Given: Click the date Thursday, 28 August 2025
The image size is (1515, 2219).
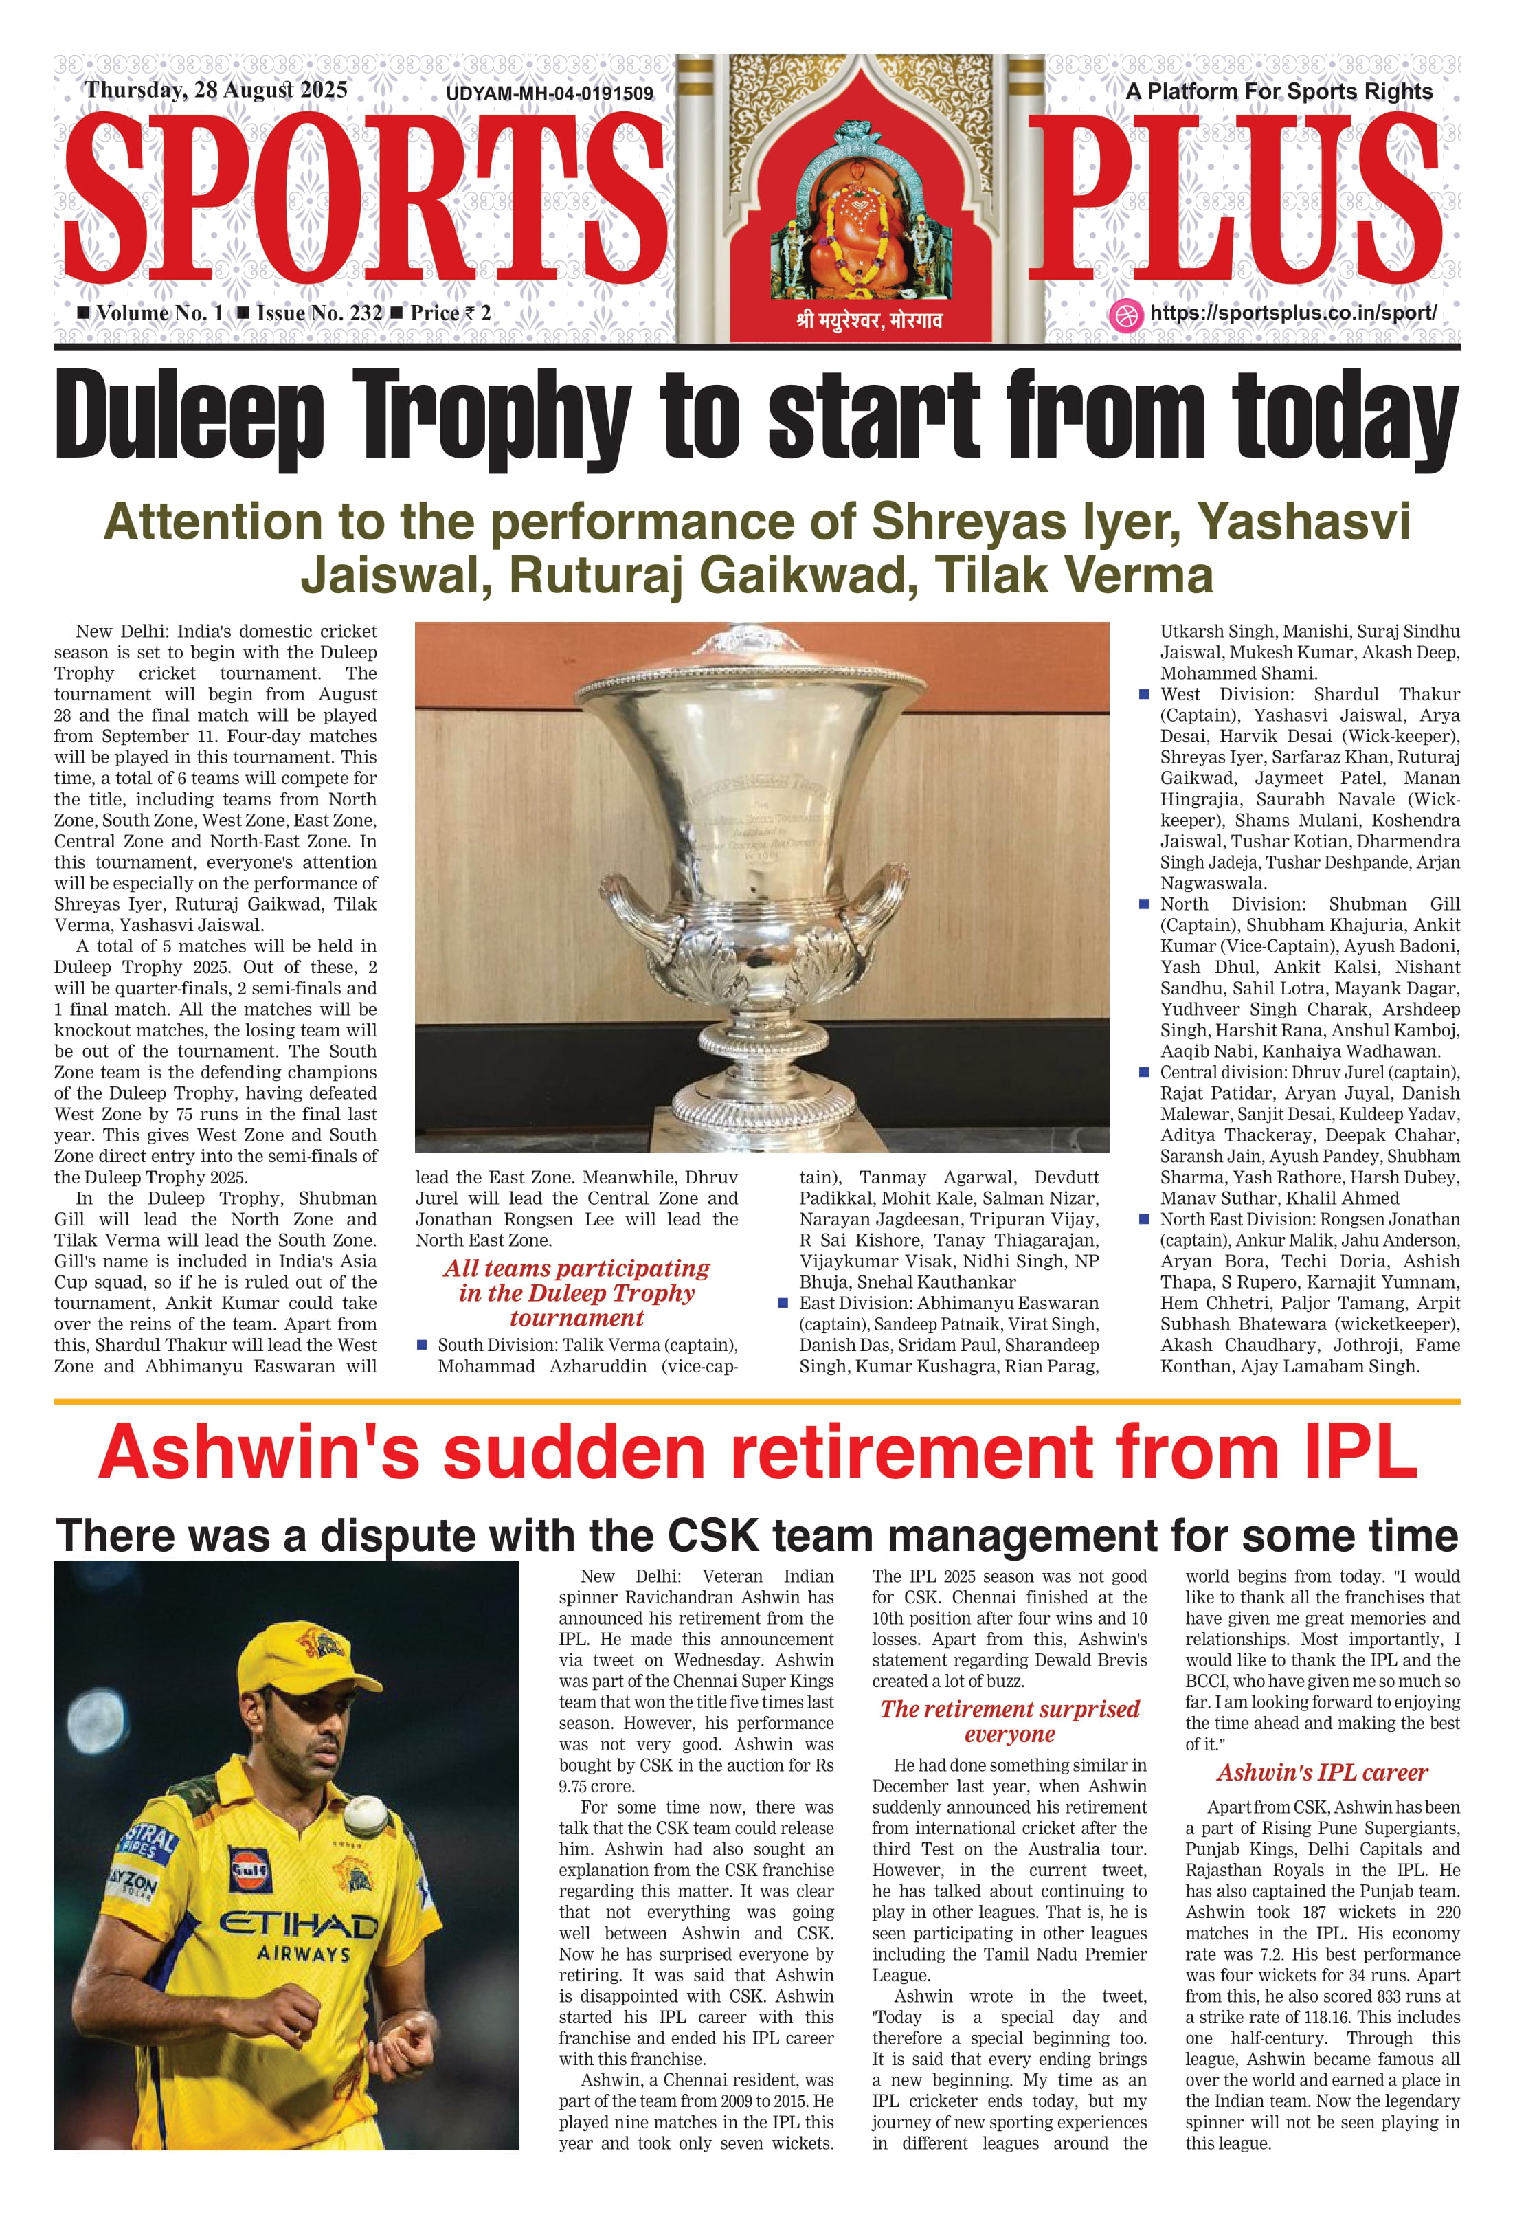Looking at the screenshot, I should pos(216,91).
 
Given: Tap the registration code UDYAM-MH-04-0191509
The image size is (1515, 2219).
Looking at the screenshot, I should pos(549,93).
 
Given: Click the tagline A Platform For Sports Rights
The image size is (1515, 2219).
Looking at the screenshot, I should pos(1279,91).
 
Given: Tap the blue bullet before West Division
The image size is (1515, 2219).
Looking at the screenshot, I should pos(1144,695).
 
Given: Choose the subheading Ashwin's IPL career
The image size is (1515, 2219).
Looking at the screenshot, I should pos(1322,1773).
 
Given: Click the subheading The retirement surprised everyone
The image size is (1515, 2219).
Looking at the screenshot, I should pos(1009,1721).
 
